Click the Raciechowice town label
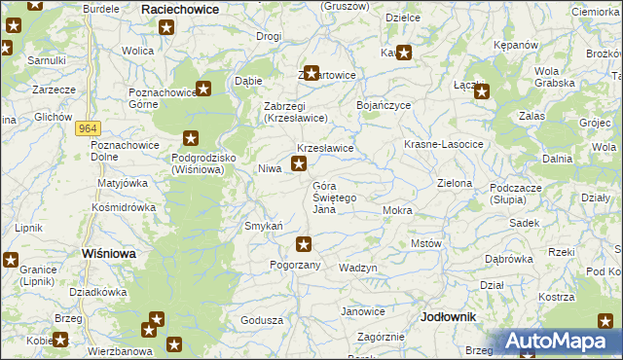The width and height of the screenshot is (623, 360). tap(180, 8)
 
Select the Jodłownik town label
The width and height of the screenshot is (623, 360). tap(449, 317)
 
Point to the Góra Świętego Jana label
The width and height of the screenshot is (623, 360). tap(335, 198)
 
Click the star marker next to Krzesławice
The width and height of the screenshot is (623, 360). tap(299, 164)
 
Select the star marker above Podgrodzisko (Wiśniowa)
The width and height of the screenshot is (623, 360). tap(191, 139)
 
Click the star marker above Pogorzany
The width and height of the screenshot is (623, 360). tap(305, 244)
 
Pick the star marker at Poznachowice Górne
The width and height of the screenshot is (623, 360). tap(203, 90)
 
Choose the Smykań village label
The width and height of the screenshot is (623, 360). tap(263, 226)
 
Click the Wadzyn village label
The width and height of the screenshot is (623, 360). tap(357, 268)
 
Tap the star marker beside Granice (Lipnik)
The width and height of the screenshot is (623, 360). tap(12, 260)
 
